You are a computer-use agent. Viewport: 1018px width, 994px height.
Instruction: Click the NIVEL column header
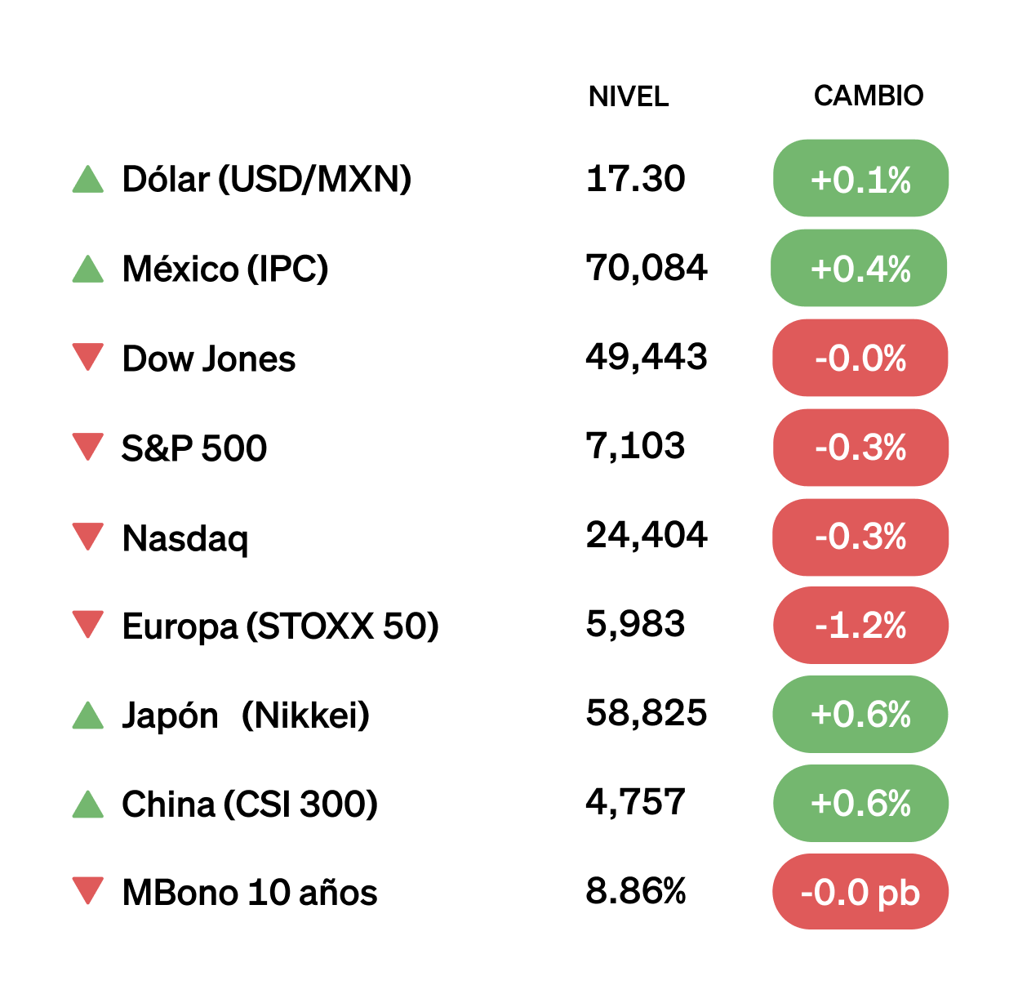click(628, 96)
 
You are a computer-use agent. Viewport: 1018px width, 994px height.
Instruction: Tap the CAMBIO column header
click(868, 96)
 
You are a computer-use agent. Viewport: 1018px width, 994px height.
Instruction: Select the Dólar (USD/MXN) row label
click(266, 179)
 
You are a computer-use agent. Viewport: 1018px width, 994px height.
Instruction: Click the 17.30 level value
click(635, 178)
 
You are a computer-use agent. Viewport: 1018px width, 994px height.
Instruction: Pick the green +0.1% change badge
click(860, 179)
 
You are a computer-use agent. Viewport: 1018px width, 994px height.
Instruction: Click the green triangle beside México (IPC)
click(88, 269)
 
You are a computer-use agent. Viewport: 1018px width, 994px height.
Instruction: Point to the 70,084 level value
click(646, 267)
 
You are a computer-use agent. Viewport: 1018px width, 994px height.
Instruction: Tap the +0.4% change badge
click(859, 269)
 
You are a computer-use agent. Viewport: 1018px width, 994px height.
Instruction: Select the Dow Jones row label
click(208, 359)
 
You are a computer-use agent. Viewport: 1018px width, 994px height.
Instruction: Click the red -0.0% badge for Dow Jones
click(860, 358)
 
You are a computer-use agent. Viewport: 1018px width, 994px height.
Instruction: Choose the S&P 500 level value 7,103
click(635, 446)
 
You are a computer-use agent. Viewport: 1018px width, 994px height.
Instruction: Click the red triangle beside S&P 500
click(88, 447)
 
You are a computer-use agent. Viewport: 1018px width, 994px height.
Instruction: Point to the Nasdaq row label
click(184, 538)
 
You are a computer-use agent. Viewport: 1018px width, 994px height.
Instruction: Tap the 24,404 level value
click(646, 535)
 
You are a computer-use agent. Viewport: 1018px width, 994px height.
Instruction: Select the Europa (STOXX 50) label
click(280, 626)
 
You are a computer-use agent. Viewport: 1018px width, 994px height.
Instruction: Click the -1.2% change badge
click(860, 626)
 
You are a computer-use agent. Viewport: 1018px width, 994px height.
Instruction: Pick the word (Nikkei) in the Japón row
click(305, 715)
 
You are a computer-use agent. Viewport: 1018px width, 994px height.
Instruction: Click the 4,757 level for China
click(635, 802)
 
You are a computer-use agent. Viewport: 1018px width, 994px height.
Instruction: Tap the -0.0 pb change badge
click(860, 892)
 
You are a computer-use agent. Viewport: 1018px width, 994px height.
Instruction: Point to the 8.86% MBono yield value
click(635, 890)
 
